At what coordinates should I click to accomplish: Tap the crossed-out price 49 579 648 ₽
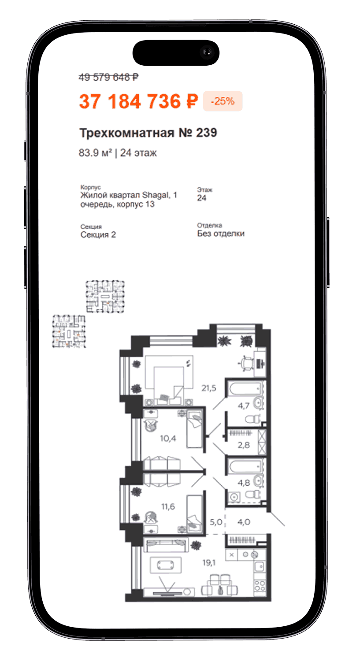109,77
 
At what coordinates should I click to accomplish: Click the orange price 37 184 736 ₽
139,101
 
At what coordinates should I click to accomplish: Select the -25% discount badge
223,101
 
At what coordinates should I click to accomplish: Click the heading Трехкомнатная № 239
148,133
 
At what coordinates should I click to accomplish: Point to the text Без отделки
221,234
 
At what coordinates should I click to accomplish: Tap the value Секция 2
98,235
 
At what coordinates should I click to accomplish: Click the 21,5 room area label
209,388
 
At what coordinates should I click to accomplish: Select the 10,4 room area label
168,438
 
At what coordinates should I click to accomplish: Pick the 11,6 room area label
168,506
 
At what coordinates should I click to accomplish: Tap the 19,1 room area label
209,562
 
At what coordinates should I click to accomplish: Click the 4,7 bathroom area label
243,405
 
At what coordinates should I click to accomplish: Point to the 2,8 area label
244,445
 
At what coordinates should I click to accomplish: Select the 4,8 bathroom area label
244,483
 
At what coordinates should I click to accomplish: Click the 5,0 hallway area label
216,522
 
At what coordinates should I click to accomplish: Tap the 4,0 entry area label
244,522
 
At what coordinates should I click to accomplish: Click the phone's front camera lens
207,52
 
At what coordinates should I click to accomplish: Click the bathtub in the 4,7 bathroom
245,389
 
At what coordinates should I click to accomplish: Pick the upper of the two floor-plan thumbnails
105,297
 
